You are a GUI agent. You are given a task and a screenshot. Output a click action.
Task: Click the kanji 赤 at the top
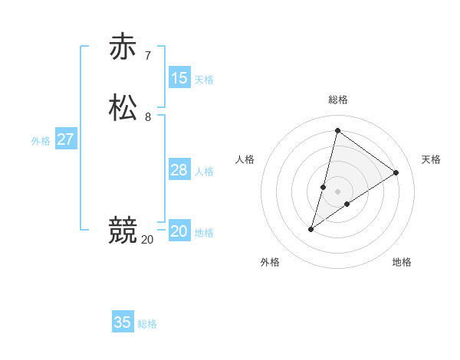123,47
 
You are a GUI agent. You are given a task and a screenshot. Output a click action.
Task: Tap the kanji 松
123,107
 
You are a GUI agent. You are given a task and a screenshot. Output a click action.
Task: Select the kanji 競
123,229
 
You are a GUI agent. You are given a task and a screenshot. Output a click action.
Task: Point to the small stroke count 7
148,56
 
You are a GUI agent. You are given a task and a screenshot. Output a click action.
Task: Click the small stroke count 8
148,117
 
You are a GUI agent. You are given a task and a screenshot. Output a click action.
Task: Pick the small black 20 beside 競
147,239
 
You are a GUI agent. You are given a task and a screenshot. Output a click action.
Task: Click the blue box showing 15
179,77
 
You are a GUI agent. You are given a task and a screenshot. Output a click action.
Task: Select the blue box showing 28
179,169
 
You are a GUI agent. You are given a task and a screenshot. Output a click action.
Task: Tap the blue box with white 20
179,231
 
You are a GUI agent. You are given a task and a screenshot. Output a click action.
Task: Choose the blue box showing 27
65,139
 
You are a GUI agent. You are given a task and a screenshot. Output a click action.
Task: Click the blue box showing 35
123,322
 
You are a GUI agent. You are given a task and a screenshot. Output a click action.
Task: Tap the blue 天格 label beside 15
204,79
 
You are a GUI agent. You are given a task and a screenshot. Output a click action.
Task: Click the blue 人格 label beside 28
204,171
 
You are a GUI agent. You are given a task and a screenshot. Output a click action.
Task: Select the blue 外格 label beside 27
41,140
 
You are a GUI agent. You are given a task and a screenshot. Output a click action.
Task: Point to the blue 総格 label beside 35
147,324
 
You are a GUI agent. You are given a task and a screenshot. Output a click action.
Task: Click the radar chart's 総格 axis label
338,100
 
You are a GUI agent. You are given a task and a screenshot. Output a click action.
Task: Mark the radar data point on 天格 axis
396,173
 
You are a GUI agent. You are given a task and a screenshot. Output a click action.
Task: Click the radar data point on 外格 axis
311,229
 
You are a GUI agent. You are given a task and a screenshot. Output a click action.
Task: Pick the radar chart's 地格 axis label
402,262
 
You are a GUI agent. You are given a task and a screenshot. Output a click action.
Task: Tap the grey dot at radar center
338,191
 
